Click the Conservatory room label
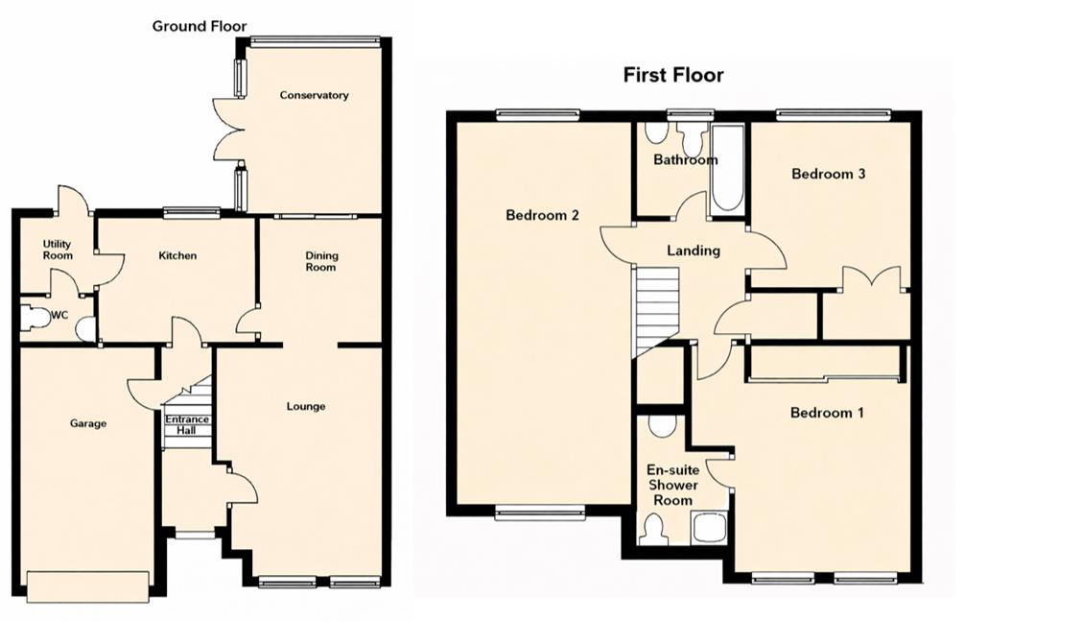[314, 95]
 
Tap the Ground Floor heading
[200, 26]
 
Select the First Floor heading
[673, 74]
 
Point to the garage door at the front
[87, 585]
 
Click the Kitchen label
[177, 255]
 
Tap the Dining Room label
[321, 261]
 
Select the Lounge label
[306, 406]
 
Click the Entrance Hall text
[187, 425]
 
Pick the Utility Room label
[58, 251]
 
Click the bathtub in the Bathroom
[727, 171]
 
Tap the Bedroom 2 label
[542, 215]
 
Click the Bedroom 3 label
[828, 174]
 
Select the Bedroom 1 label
[827, 413]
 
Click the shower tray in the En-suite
[710, 527]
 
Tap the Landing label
[694, 251]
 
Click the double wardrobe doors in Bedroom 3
[872, 279]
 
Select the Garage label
[87, 423]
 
